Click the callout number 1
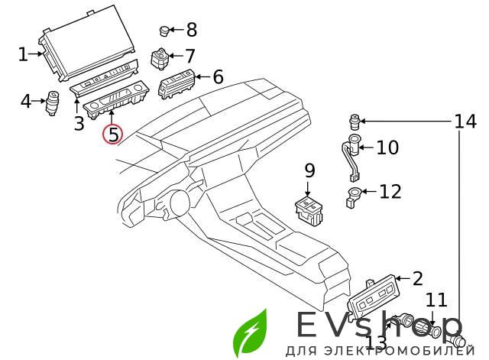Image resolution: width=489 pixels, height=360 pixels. click(22, 54)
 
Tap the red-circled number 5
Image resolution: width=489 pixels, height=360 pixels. click(113, 135)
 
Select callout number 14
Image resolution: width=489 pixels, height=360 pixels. click(465, 121)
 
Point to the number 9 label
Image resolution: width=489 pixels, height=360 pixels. click(309, 170)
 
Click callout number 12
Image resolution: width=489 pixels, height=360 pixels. click(390, 191)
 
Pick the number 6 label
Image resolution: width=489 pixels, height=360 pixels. click(218, 76)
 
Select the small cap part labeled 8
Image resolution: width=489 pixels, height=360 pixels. click(164, 31)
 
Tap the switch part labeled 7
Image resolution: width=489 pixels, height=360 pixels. click(160, 58)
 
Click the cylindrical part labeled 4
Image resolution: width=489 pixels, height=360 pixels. click(53, 102)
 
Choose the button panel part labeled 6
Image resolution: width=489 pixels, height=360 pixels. click(177, 83)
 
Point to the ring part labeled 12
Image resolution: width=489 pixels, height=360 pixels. click(352, 197)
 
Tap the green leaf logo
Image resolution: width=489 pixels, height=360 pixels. click(251, 332)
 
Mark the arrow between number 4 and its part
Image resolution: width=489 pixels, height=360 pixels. click(39, 101)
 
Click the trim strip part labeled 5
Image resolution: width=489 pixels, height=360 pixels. click(116, 102)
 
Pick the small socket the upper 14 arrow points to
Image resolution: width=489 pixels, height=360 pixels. click(355, 122)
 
